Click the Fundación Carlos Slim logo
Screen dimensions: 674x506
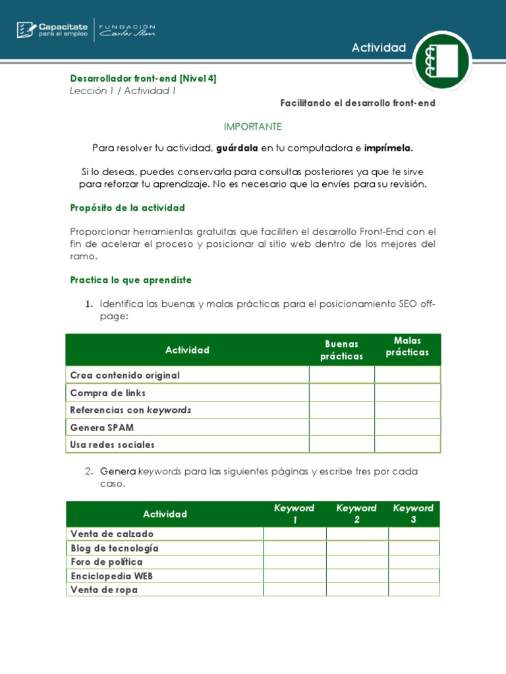point(127,30)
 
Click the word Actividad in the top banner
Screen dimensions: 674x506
point(378,47)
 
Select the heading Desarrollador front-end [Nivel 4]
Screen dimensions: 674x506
point(143,78)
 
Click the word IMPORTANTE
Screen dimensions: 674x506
point(253,126)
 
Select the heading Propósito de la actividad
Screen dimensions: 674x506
point(128,208)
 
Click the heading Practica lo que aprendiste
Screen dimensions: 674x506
point(131,280)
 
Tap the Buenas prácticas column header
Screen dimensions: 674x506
point(341,350)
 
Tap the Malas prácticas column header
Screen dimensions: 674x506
point(407,347)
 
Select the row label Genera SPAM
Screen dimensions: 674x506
point(102,427)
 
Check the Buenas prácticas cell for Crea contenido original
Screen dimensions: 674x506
point(341,375)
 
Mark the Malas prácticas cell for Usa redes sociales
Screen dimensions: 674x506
point(407,444)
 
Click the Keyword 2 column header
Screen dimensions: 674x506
point(356,513)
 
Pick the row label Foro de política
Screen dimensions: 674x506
point(107,562)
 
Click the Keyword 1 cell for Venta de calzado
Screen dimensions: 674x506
point(295,534)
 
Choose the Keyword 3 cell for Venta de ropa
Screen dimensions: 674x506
point(413,590)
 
